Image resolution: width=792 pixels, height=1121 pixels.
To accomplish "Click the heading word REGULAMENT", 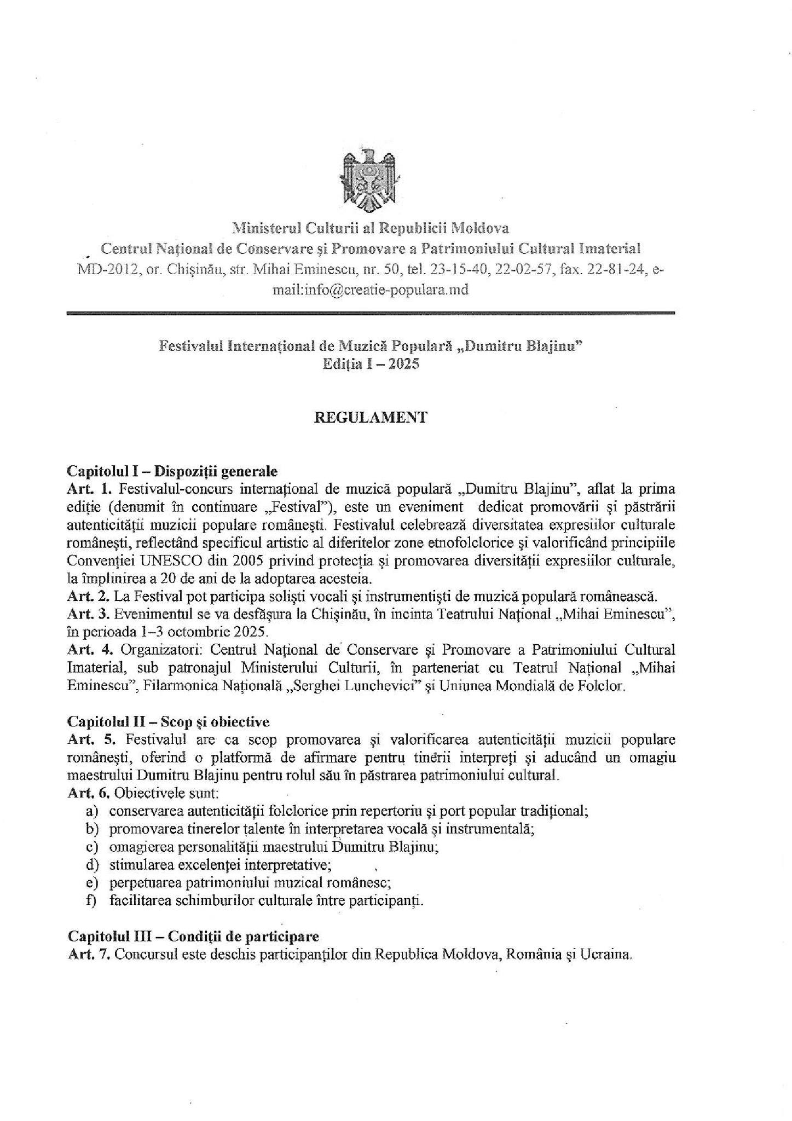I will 370,418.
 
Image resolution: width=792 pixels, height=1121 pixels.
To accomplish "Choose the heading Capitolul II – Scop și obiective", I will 168,722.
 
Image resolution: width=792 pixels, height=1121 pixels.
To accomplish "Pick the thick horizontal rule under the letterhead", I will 370,313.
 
